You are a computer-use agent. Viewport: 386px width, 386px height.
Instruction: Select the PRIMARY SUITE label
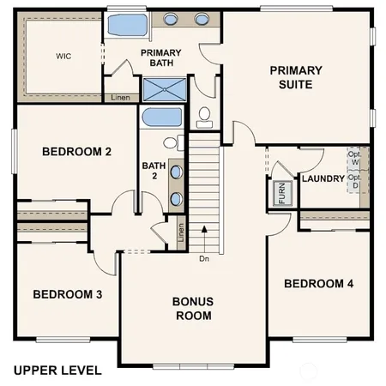(296, 77)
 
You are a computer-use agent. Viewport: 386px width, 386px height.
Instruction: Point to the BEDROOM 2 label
(77, 153)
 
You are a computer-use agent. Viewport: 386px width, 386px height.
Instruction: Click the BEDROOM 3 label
(68, 294)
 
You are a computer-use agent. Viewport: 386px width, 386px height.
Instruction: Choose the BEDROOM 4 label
(319, 284)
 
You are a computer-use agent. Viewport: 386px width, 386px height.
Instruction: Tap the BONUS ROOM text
(192, 308)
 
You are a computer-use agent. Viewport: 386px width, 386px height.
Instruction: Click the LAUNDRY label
(323, 178)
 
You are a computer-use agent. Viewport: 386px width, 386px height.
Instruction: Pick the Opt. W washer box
(354, 159)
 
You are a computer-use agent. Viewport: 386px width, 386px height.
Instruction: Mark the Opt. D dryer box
(354, 181)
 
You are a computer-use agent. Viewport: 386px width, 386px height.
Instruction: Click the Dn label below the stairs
(203, 258)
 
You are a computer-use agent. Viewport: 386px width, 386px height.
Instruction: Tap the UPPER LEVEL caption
(57, 371)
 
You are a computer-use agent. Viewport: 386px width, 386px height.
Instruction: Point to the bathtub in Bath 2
(160, 118)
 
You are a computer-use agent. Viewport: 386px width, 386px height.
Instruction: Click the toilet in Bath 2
(172, 143)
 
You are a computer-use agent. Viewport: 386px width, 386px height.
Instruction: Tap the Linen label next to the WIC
(121, 98)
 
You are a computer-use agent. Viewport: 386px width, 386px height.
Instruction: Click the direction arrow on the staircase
(204, 230)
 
